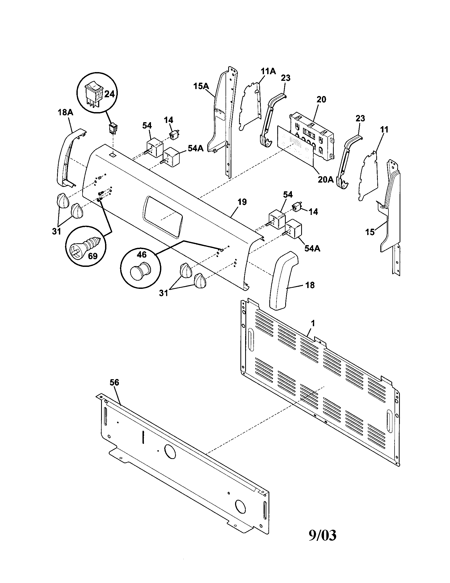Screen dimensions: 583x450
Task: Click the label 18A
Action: tap(65, 112)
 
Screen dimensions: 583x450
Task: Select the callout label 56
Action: tap(114, 382)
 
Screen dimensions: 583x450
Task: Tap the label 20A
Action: tap(326, 180)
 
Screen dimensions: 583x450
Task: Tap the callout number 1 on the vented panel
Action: tap(313, 324)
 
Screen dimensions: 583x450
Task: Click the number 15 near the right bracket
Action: tap(370, 232)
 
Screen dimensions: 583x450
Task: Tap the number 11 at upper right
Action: tap(384, 130)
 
